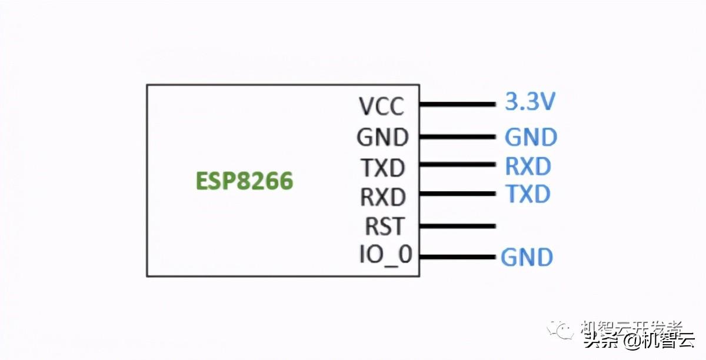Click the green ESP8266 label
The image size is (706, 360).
244,181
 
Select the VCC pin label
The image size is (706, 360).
382,106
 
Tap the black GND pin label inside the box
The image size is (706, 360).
382,138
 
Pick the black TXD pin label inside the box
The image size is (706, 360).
383,168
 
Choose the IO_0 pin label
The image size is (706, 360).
385,255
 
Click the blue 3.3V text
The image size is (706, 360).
530,102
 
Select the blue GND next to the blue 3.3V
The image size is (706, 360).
531,138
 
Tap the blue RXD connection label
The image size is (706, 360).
528,166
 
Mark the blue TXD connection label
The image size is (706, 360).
528,194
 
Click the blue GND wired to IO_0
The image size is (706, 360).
527,258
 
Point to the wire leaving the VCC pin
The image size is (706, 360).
457,105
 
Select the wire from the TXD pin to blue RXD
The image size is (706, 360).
457,166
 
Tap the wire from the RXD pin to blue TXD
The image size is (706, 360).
457,194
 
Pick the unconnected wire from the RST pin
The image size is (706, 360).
457,225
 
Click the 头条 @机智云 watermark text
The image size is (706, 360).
638,341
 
